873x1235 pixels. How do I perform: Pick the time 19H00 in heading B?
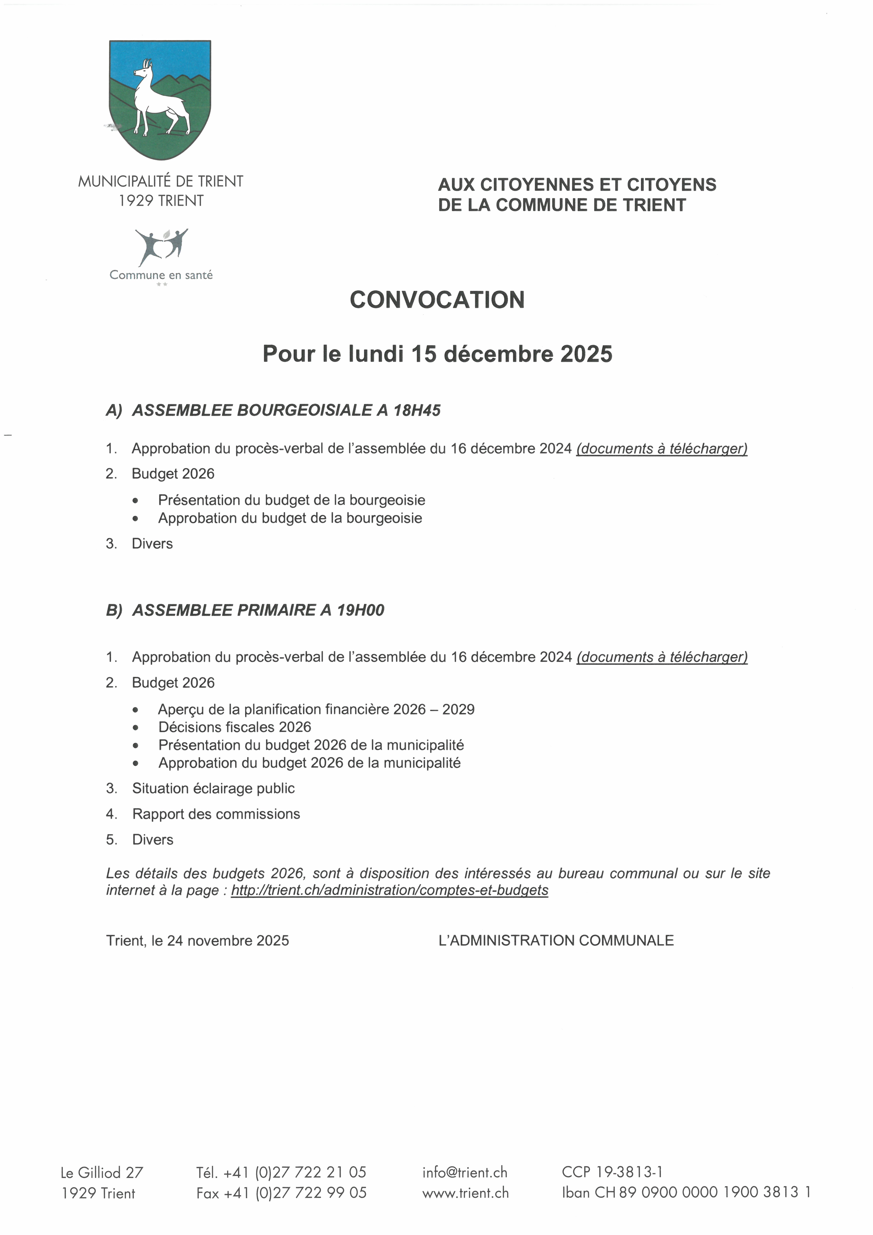[x=360, y=611]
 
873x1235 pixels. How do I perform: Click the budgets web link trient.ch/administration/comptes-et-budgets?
[x=390, y=890]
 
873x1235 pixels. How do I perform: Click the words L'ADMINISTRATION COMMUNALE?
[x=556, y=941]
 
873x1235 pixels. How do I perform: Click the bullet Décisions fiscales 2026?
[x=234, y=727]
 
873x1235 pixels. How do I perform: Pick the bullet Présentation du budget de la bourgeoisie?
[x=291, y=500]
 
